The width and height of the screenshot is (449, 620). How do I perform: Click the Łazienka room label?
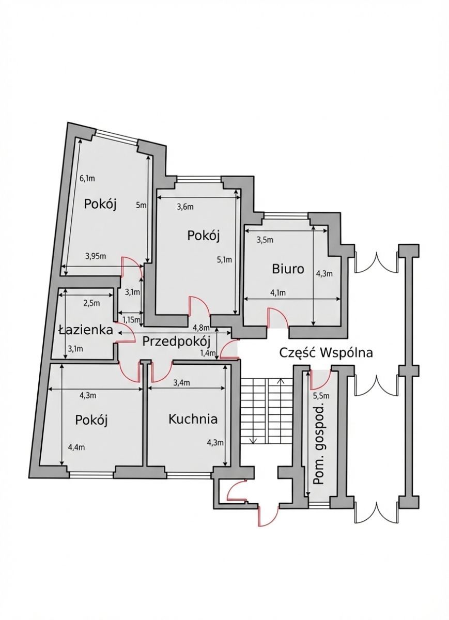click(x=86, y=329)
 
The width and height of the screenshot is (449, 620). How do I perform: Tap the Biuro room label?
click(x=288, y=269)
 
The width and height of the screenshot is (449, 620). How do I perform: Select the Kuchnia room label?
click(x=193, y=419)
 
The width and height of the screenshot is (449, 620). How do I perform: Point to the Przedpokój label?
click(x=176, y=341)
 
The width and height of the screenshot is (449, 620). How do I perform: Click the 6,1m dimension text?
click(x=87, y=178)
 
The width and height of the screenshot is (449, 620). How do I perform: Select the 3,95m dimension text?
click(x=96, y=255)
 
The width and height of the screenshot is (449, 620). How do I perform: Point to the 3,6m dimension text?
click(x=185, y=207)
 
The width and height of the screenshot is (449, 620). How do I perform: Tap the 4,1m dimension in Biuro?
click(x=277, y=292)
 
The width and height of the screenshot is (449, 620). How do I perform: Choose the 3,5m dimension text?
click(x=265, y=240)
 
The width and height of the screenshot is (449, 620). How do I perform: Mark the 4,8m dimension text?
click(x=201, y=328)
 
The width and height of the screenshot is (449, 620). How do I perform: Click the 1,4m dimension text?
click(x=207, y=353)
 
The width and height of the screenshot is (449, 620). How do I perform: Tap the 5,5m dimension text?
click(x=321, y=396)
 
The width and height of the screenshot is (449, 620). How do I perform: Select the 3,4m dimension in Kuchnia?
click(x=182, y=382)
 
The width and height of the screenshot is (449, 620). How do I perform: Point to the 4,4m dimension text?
click(x=75, y=447)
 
